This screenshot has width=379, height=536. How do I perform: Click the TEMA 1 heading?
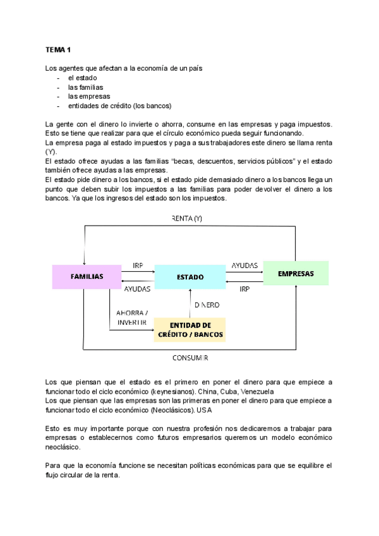point(58,49)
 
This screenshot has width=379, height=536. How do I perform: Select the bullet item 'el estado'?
point(82,78)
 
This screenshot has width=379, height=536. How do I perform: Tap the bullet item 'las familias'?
point(85,87)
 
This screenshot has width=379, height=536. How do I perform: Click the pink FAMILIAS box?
point(87,276)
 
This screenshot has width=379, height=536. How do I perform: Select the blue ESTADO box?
point(189,277)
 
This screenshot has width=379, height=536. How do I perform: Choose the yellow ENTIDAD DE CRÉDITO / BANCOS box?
point(189,329)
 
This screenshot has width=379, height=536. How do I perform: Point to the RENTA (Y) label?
point(187,219)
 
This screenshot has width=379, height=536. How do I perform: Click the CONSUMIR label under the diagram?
point(190,358)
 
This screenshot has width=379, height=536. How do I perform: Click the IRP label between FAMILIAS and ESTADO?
point(138,265)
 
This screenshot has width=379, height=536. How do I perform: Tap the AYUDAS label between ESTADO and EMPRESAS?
point(244,265)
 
